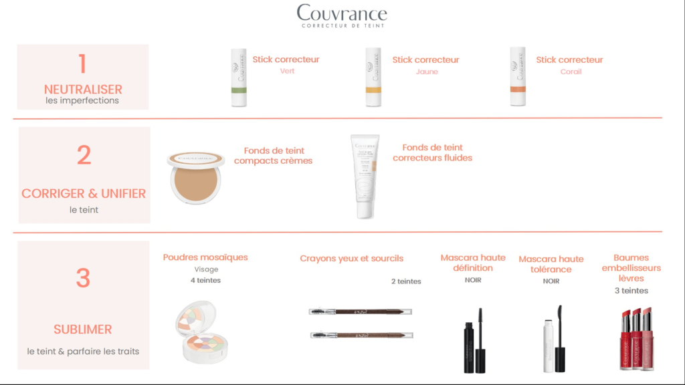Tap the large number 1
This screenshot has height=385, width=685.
[82, 63]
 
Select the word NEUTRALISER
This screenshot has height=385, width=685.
[83, 89]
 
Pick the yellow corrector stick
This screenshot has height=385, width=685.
[373, 78]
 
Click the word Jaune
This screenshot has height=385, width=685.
[426, 72]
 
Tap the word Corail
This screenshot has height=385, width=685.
[570, 72]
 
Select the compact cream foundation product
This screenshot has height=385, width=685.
[196, 176]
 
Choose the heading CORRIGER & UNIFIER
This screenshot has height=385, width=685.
[84, 193]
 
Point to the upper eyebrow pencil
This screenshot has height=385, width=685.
[360, 311]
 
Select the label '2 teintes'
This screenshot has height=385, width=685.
[406, 281]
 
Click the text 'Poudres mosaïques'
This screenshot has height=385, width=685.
[205, 257]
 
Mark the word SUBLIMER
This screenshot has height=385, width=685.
[83, 330]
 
